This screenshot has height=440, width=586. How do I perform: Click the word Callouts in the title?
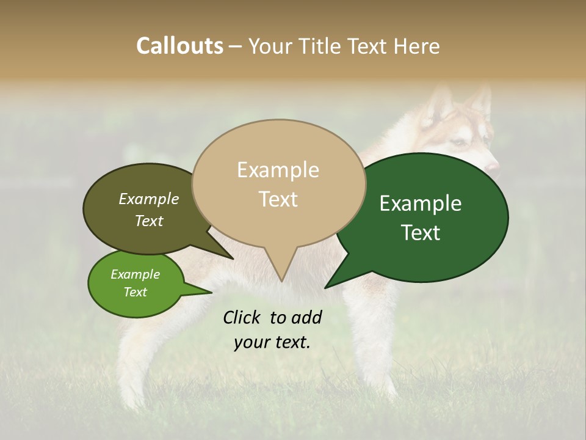[x=179, y=46]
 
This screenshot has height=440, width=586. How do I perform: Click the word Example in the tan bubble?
[x=278, y=170]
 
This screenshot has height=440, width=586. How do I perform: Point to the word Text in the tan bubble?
[x=278, y=199]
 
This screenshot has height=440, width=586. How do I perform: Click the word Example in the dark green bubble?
[x=421, y=204]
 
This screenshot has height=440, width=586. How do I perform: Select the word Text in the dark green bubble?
[x=421, y=233]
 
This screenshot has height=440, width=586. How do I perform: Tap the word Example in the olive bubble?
[x=149, y=199]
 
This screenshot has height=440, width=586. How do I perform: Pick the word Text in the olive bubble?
[x=149, y=221]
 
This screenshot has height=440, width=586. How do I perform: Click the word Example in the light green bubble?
[x=135, y=274]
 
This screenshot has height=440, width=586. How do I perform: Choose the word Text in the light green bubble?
[x=135, y=292]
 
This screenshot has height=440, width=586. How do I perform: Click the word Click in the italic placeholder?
[x=242, y=317]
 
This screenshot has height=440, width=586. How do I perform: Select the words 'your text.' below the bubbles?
[x=272, y=342]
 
